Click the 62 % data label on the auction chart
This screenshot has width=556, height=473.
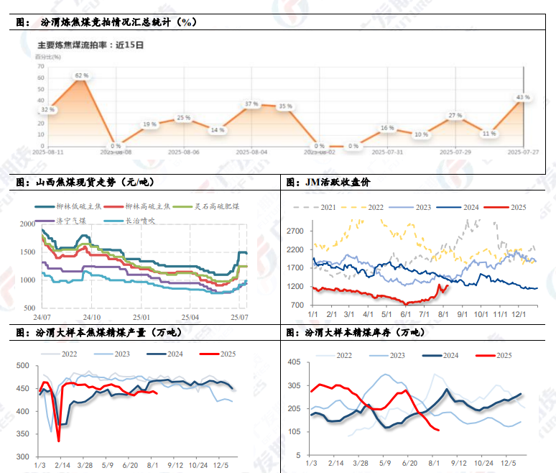pos(81,75)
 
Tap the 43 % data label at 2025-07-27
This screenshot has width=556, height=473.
pos(522,96)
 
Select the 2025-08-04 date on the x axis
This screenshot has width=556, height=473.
pos(254,152)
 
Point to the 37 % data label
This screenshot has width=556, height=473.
pos(251,104)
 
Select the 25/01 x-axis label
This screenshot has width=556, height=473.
pos(142,316)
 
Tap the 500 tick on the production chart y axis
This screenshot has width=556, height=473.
pos(24,367)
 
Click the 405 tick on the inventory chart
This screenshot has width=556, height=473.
pos(294,362)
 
